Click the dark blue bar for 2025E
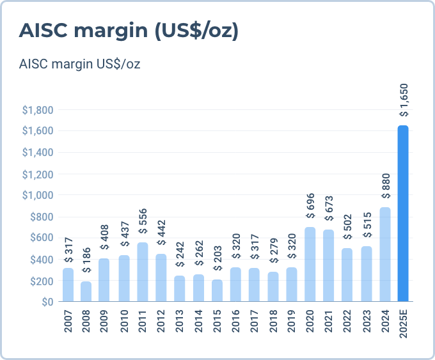coord(403,213)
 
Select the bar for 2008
coord(86,291)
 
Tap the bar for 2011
coord(143,272)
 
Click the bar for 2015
coord(217,290)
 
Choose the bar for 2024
coord(385,254)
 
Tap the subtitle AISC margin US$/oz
coord(80,64)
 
